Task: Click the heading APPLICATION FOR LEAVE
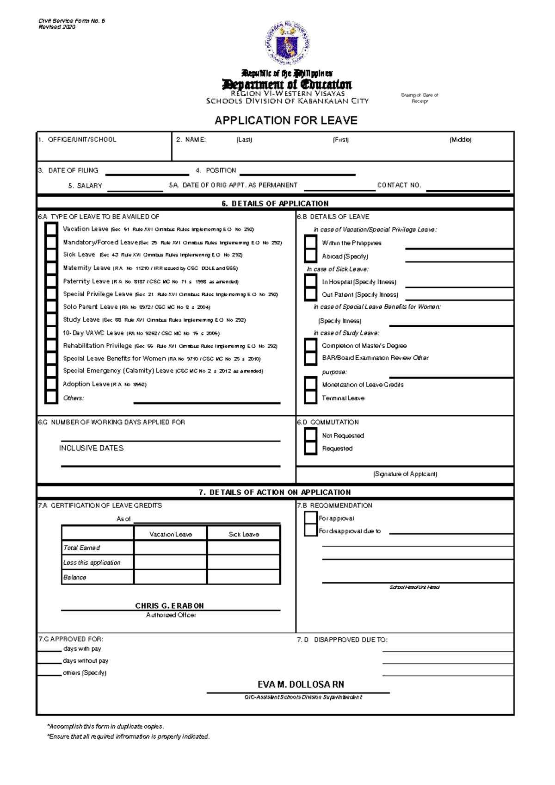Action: (x=286, y=120)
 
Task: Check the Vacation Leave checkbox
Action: (x=51, y=229)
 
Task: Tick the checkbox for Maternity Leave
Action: (x=51, y=268)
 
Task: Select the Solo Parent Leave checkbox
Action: (x=51, y=307)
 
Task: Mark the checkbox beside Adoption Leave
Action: (x=51, y=384)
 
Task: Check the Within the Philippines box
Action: (x=310, y=243)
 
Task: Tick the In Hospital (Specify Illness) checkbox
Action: (x=310, y=281)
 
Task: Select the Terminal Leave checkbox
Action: (x=310, y=398)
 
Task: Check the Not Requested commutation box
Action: (x=310, y=436)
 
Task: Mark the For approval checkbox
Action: (x=310, y=518)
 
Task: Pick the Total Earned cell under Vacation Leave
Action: (x=170, y=548)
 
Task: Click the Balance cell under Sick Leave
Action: (x=244, y=577)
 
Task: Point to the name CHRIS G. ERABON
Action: (x=169, y=605)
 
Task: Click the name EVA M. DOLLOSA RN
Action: (x=301, y=684)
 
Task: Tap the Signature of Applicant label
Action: (x=405, y=474)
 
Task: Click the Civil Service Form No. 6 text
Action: (x=72, y=21)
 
